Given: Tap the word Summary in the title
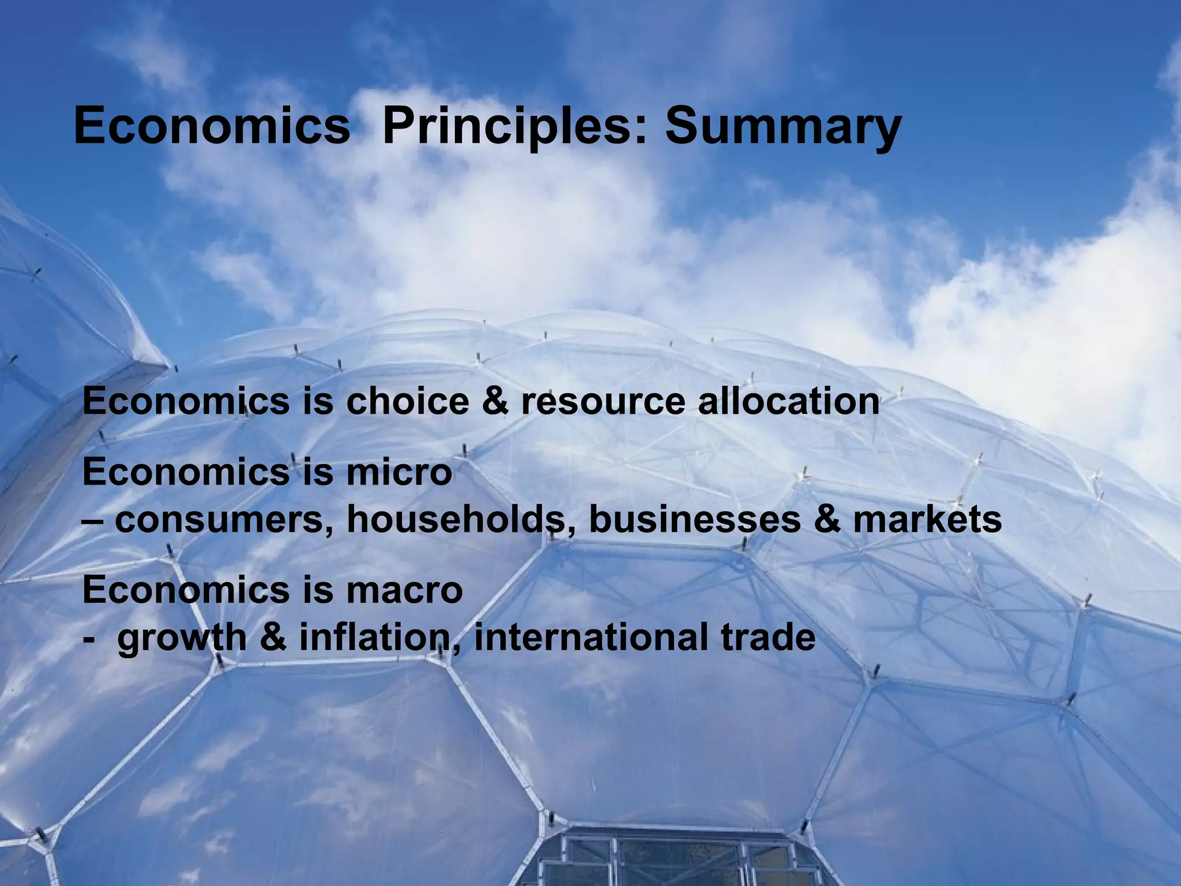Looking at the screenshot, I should click(783, 128).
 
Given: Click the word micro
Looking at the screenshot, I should click(399, 472).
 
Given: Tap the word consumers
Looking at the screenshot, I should click(225, 520).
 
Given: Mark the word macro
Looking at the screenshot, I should click(404, 590).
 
